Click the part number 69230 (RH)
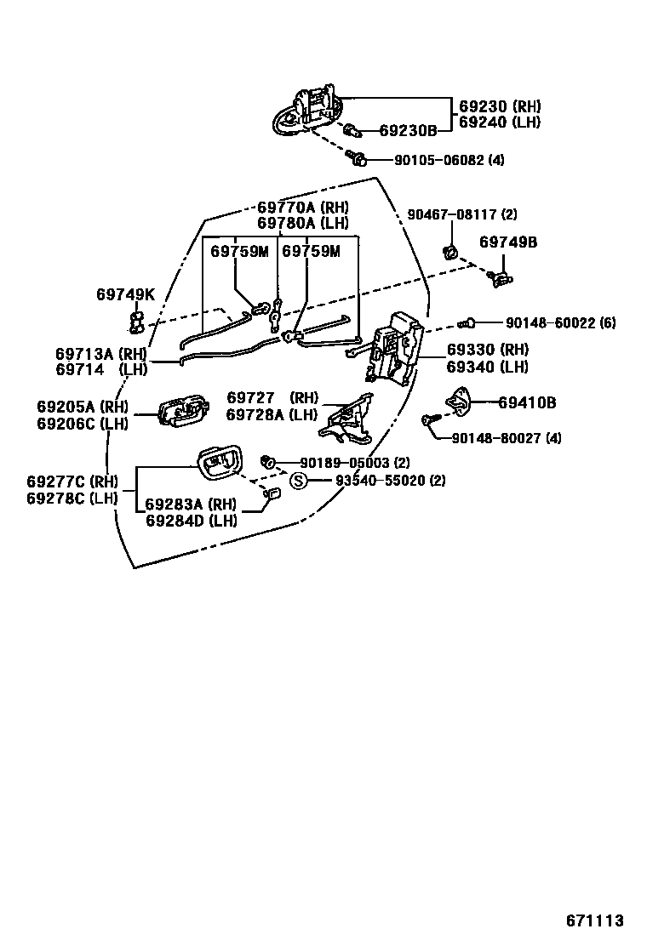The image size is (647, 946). click(x=500, y=106)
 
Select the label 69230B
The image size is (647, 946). click(x=408, y=131)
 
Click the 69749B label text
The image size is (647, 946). click(x=508, y=242)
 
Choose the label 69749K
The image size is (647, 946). click(x=125, y=294)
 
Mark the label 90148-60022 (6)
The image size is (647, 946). click(x=560, y=322)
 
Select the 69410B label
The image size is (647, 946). click(x=527, y=402)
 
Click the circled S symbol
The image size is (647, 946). click(x=299, y=481)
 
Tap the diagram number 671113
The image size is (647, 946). click(x=596, y=920)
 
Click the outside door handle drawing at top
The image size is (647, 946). click(x=307, y=111)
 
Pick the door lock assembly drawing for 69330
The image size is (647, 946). click(x=393, y=349)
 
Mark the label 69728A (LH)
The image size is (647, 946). click(x=272, y=414)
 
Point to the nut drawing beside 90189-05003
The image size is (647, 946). click(x=266, y=461)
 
